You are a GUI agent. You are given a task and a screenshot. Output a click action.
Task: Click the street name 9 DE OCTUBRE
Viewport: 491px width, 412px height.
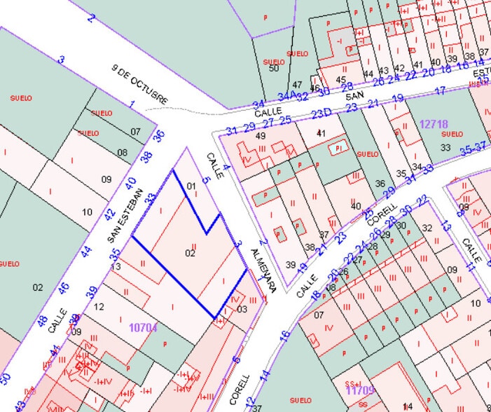pos(141,83)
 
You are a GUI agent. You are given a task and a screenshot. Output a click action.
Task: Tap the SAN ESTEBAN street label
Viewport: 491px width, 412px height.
pos(127,216)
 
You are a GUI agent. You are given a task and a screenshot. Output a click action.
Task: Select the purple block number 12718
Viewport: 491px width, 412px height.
pos(434,123)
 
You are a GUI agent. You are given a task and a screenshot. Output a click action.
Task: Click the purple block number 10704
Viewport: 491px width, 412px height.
pos(143,326)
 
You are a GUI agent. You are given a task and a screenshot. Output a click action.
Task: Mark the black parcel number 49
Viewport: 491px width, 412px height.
pos(261,135)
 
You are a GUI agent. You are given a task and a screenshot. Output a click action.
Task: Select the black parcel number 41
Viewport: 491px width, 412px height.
pos(321,133)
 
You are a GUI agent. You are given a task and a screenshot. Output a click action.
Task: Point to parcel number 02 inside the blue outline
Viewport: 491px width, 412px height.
pos(190,252)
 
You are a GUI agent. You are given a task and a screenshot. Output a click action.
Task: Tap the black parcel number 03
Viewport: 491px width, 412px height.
pos(242,308)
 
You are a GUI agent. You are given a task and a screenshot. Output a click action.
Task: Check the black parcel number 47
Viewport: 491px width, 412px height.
pos(297,85)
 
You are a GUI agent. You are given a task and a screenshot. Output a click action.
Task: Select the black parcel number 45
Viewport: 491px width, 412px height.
pos(341,79)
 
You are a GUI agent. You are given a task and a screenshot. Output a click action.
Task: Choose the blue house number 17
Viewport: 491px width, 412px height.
pos(440,90)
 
